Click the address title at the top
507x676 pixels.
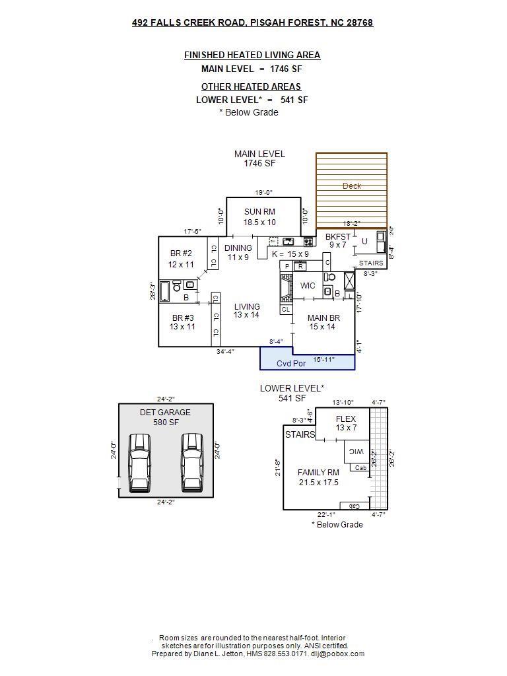(252, 22)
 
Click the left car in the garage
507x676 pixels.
(140, 462)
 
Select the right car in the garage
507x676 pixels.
(192, 462)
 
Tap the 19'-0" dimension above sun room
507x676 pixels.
(264, 193)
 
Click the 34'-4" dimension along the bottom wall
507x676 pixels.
(225, 352)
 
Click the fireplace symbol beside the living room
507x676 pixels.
(285, 288)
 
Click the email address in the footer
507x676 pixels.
(337, 654)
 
